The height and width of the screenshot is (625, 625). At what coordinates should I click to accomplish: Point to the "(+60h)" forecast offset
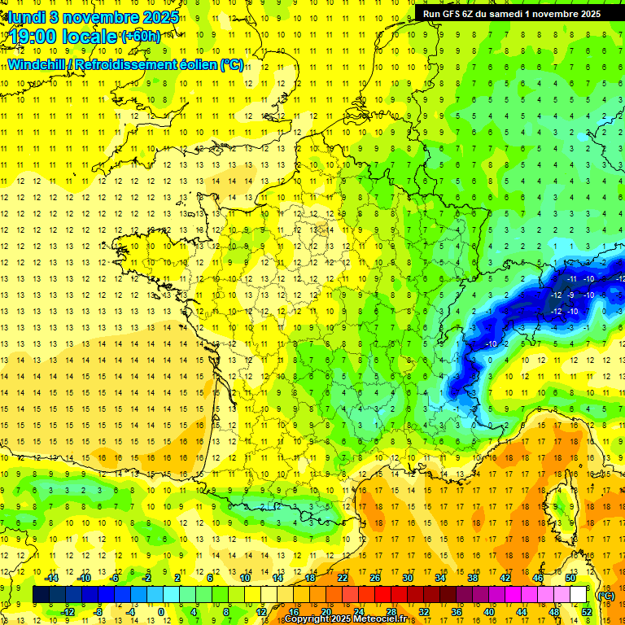coord(141,36)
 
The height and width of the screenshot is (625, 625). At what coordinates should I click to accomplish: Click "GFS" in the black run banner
coord(455,14)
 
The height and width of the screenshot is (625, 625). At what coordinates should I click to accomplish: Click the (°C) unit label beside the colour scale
coord(605,595)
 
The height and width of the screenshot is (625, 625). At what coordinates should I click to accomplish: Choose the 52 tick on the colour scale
coord(587,611)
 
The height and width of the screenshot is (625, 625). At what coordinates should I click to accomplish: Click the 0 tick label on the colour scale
coord(161,611)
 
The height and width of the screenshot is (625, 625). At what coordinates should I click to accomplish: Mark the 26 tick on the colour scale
coord(375,578)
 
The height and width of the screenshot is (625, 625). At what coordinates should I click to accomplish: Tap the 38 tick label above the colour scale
coord(473,578)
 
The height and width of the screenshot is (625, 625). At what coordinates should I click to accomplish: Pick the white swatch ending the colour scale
coord(578,595)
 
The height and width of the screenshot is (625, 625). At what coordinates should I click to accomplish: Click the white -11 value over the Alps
coord(573,279)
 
